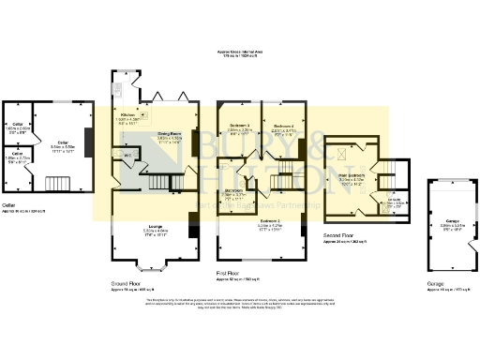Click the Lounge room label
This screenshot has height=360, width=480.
(x=157, y=229)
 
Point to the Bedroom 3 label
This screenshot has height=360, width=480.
(x=237, y=127)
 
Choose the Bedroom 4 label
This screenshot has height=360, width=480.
(x=285, y=127)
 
